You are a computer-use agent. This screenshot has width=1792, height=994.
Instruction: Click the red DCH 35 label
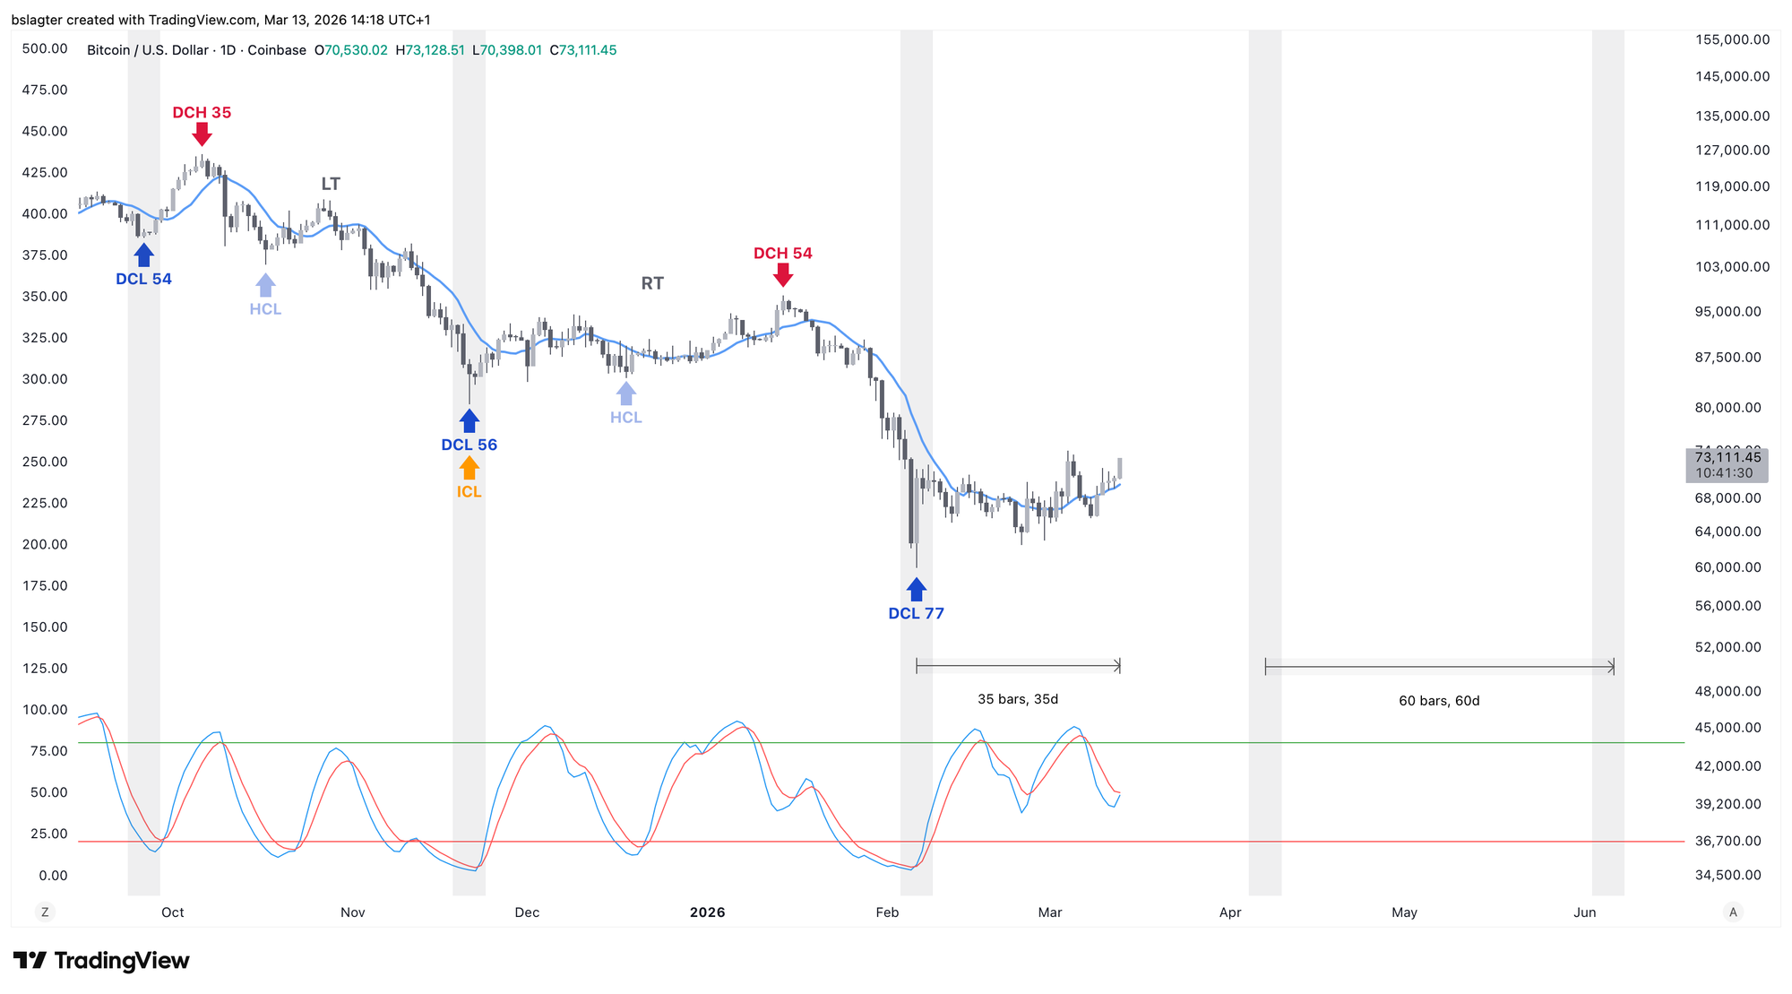[202, 113]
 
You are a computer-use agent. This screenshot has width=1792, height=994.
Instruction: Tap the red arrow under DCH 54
[783, 274]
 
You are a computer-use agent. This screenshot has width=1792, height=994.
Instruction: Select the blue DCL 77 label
[916, 614]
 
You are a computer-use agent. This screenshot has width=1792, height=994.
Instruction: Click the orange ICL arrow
[469, 468]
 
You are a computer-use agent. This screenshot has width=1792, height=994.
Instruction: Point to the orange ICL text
[469, 492]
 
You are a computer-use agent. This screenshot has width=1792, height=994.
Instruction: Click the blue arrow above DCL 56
[469, 420]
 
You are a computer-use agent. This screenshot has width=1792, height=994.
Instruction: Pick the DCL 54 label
[143, 280]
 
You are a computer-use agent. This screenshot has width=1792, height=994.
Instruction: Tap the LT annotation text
[331, 185]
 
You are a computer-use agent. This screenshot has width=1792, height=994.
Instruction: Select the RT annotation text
[652, 284]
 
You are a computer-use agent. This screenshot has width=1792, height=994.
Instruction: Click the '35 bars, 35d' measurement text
[1018, 699]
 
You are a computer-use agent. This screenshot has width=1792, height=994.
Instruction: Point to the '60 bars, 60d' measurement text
[1439, 701]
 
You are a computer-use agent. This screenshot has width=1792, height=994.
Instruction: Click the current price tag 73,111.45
[1727, 458]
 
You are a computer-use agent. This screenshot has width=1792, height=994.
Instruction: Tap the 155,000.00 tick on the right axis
[1732, 39]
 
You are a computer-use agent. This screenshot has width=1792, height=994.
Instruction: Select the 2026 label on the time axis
[707, 912]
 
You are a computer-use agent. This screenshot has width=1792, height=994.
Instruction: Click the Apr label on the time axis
[1230, 912]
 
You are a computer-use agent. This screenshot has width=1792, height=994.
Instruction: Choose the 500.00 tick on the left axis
[45, 48]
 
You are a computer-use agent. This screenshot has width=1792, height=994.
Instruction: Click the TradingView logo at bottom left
[101, 961]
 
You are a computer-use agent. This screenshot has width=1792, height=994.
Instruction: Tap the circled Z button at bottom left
[44, 912]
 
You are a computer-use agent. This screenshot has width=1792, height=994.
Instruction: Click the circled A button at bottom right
[1733, 912]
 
